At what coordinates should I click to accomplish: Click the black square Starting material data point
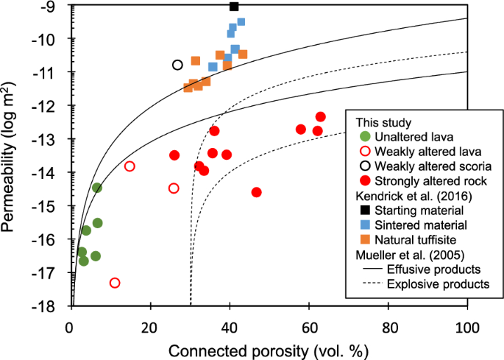[234, 7]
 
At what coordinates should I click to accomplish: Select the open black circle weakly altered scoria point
[177, 65]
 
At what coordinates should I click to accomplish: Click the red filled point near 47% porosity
[256, 192]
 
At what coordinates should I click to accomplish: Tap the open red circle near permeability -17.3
[115, 283]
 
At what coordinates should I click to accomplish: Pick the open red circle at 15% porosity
[129, 166]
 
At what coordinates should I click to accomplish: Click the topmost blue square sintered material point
[241, 22]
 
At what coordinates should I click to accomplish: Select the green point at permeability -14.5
[97, 188]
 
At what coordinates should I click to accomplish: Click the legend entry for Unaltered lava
[413, 136]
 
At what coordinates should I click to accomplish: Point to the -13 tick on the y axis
[56, 139]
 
